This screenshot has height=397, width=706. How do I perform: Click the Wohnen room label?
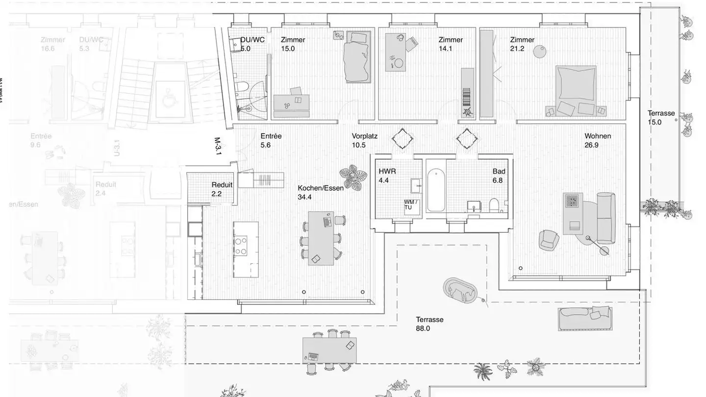coord(598,136)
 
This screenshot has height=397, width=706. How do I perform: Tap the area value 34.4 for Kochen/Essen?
coord(304,197)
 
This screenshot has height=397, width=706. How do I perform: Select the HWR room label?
coord(387,172)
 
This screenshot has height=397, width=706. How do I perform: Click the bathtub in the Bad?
coord(436,190)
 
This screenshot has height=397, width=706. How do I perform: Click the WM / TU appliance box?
coord(411,205)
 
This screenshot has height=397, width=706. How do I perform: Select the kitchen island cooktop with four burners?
coord(241,246)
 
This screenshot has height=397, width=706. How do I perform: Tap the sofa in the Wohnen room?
coord(605,218)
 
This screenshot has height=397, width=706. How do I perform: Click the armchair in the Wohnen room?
coord(549,239)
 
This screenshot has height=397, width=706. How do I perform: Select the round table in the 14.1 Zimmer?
coord(399,63)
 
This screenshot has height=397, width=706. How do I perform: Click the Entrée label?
coord(271,136)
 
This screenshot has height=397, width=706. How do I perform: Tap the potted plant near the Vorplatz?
coord(353,178)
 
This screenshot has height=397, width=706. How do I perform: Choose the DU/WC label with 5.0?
coord(252,40)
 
